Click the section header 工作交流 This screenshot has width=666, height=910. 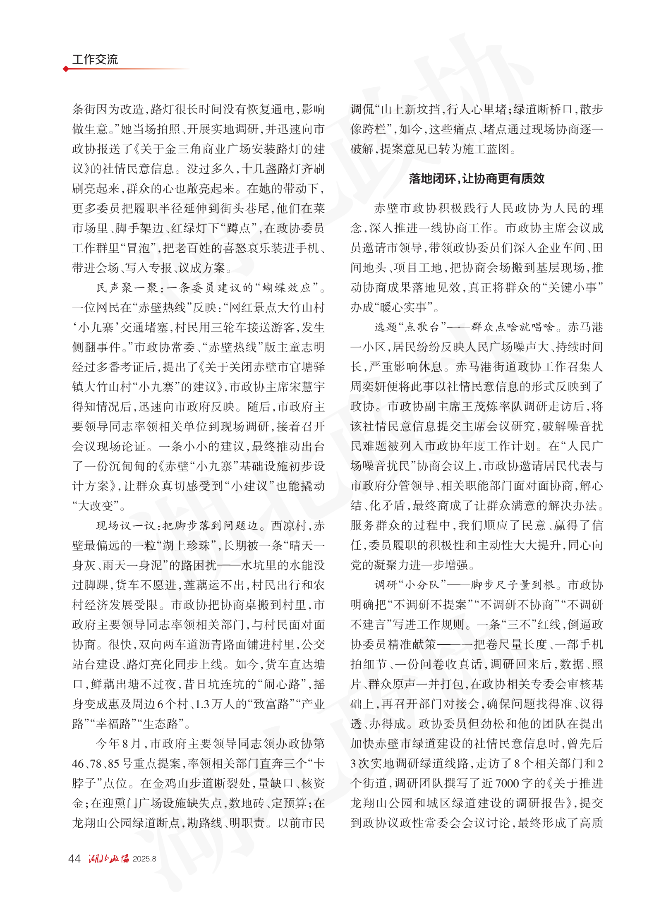tap(95, 60)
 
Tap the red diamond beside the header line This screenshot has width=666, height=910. tap(66, 69)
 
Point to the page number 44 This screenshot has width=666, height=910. tap(74, 858)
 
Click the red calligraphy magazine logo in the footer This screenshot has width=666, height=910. tap(109, 858)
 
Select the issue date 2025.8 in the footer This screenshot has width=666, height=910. tap(144, 859)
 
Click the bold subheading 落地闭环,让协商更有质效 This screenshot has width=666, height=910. tap(477, 179)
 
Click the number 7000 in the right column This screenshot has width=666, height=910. tap(507, 783)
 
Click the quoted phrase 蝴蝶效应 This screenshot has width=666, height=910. tap(286, 288)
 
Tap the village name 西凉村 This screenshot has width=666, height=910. tap(289, 526)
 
